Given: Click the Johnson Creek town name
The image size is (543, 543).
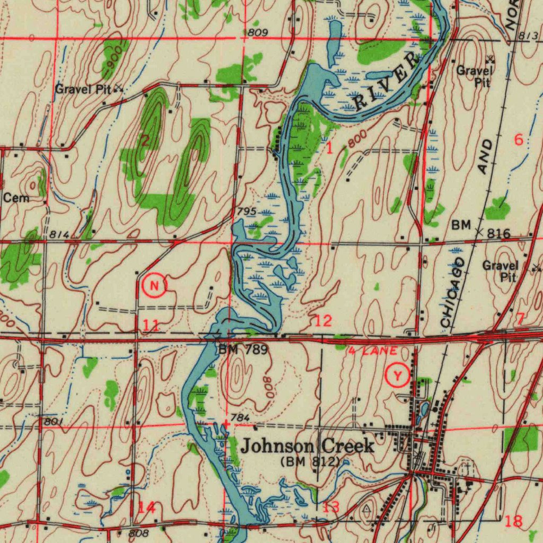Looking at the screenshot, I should (308, 446).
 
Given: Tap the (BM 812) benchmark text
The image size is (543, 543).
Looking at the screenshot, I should (310, 461).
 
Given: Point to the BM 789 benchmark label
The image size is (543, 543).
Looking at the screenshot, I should (243, 349).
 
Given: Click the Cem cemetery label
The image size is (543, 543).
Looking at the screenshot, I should (16, 198).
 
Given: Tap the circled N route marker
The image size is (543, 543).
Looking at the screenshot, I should (154, 286).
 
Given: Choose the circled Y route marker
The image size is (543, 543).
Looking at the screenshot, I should (397, 376).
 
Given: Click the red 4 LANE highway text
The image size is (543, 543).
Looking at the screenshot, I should (373, 351).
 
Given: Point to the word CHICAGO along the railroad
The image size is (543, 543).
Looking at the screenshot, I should (453, 292).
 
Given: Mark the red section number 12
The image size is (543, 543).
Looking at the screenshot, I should (323, 320).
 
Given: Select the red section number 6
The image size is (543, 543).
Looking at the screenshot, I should (519, 140).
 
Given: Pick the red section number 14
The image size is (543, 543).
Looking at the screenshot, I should (147, 507).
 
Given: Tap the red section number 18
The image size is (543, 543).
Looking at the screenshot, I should (513, 521).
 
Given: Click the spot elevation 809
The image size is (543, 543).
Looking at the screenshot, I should (258, 33).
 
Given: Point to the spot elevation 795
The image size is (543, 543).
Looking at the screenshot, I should (247, 212).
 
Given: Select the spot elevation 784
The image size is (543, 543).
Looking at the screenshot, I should (241, 418).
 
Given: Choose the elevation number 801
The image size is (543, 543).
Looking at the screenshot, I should (54, 422).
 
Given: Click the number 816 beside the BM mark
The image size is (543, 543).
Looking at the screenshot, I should (499, 234).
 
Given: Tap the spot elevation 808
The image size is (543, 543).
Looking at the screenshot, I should (139, 532).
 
